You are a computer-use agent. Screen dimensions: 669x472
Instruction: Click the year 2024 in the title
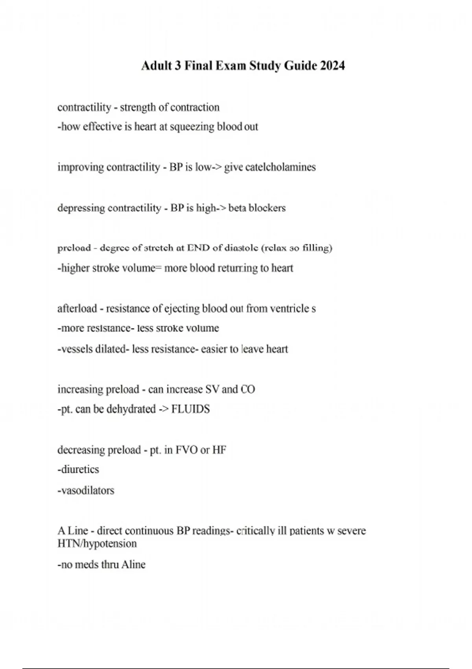[x=332, y=65]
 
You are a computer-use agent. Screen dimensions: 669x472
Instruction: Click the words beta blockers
[x=257, y=208]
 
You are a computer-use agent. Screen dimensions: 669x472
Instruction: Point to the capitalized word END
[x=198, y=248]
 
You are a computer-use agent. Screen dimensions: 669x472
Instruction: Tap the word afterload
[x=77, y=309]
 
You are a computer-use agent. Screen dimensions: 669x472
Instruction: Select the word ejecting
[x=181, y=309]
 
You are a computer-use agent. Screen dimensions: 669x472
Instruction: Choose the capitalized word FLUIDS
[x=191, y=409]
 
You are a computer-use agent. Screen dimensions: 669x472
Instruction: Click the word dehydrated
[x=131, y=409]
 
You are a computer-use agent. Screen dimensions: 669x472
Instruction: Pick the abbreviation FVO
[x=186, y=450]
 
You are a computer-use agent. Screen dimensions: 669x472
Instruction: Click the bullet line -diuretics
[x=78, y=469]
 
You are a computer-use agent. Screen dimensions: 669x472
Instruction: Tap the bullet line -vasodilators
[x=86, y=490]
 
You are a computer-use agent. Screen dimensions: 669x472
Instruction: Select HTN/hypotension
[x=97, y=544]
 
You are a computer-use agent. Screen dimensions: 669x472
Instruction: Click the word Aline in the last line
[x=133, y=565]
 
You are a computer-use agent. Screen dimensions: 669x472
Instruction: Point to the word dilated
[x=110, y=349]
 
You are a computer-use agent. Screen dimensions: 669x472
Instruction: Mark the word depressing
[x=81, y=208]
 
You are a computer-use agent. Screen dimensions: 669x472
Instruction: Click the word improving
[x=80, y=167]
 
